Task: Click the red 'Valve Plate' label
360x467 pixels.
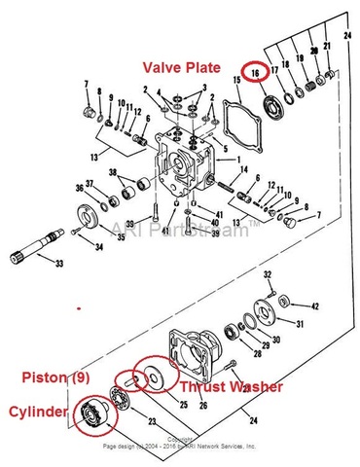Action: [192, 68]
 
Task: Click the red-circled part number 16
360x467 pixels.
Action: [255, 74]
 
